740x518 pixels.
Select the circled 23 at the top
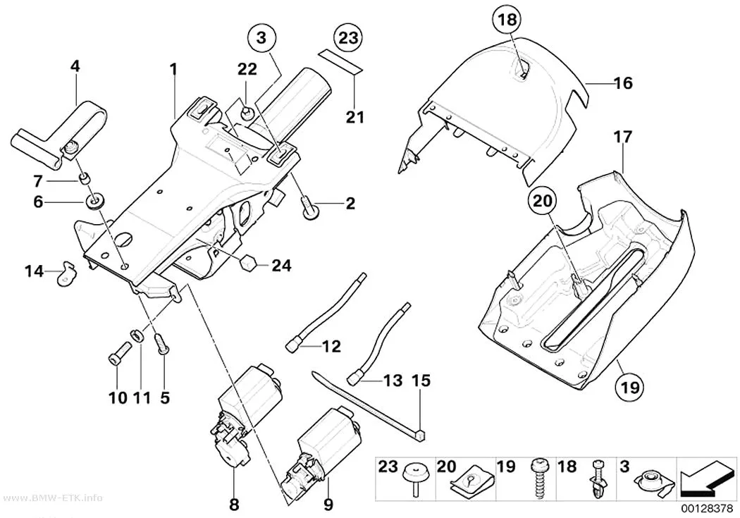tap(348, 37)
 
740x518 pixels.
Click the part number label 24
tap(281, 266)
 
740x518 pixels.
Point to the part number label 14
tap(34, 272)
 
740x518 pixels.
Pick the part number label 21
tap(355, 116)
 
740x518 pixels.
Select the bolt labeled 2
tap(309, 208)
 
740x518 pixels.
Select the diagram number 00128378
tap(706, 509)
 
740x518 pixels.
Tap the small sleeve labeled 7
tap(83, 179)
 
